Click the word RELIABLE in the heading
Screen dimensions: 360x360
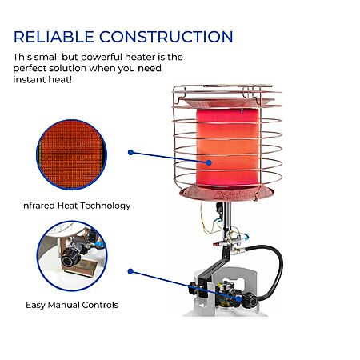pyautogui.click(x=54, y=37)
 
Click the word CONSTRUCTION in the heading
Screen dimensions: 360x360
pyautogui.click(x=166, y=37)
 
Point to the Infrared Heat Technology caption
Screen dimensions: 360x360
pyautogui.click(x=75, y=206)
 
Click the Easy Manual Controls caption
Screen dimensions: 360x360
pyautogui.click(x=72, y=305)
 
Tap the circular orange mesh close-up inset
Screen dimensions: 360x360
pyautogui.click(x=71, y=154)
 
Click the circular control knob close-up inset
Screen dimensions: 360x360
pyautogui.click(x=72, y=256)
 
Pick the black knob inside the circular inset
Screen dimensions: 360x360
pyautogui.click(x=71, y=257)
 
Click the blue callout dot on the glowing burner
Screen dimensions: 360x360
pyautogui.click(x=209, y=162)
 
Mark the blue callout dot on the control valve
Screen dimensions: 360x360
pyautogui.click(x=239, y=298)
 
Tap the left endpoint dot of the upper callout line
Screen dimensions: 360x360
pyautogui.click(x=130, y=153)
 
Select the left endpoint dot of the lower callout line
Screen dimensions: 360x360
pyautogui.click(x=130, y=271)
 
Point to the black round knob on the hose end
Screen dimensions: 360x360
pyautogui.click(x=250, y=300)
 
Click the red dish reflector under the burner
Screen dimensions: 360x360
pyautogui.click(x=226, y=193)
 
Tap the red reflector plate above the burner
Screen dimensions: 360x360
pyautogui.click(x=226, y=102)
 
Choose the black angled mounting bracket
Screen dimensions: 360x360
pyautogui.click(x=214, y=270)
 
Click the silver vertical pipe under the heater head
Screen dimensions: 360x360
pyautogui.click(x=227, y=216)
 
